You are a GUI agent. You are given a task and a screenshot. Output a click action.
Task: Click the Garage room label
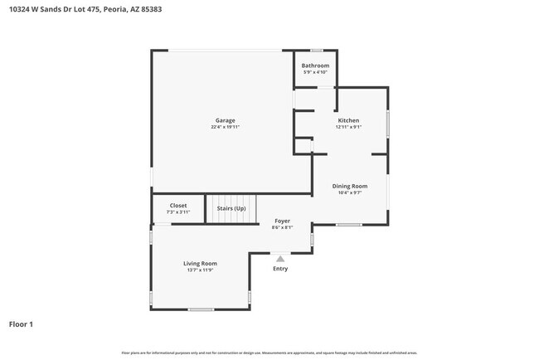point(225,120)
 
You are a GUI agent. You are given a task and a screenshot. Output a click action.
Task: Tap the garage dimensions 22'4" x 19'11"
point(225,127)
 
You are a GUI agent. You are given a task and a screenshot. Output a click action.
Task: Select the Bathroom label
point(315,66)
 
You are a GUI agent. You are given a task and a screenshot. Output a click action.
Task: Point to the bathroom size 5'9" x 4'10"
point(315,72)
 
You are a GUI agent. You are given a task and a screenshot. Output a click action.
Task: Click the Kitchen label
point(347,120)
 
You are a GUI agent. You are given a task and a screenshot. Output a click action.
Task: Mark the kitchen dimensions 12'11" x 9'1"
point(347,127)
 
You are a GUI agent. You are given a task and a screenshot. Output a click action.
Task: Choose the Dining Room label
point(349,186)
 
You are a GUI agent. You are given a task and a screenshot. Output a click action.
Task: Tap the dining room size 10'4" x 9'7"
point(349,192)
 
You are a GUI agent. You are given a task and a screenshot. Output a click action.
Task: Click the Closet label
point(178,205)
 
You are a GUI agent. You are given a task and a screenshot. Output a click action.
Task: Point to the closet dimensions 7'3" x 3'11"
point(178,212)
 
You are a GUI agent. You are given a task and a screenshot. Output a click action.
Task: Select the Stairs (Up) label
point(231,208)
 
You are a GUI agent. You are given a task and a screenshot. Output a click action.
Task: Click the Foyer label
point(282,221)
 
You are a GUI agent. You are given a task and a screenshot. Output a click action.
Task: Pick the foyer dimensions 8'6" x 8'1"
point(282,227)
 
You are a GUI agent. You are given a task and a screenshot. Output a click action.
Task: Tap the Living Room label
point(200,263)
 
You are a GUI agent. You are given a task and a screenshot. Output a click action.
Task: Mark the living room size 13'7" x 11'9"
point(200,270)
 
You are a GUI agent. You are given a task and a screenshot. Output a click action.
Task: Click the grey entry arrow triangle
point(280,258)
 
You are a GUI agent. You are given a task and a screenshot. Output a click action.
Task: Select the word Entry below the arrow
point(280,268)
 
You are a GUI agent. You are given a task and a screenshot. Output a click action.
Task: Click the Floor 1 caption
point(21,324)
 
